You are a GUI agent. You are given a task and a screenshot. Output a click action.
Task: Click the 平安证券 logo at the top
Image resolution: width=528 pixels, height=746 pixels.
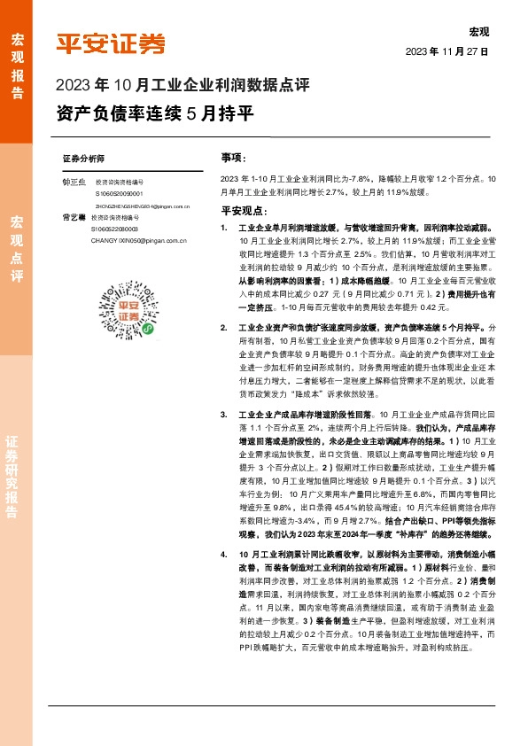point(111,43)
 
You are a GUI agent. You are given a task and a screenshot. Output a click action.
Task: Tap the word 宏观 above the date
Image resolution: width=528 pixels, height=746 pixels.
point(478,32)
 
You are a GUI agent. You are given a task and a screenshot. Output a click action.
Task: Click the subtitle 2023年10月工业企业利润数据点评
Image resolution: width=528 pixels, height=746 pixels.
point(182,86)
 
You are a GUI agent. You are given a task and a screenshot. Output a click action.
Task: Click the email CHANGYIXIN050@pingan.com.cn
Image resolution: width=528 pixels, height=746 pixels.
point(124,238)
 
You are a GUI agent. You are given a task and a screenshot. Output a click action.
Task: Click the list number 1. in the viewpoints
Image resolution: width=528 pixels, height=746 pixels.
point(226,228)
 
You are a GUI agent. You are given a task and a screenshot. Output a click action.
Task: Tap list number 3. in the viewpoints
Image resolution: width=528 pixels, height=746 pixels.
point(226,414)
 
